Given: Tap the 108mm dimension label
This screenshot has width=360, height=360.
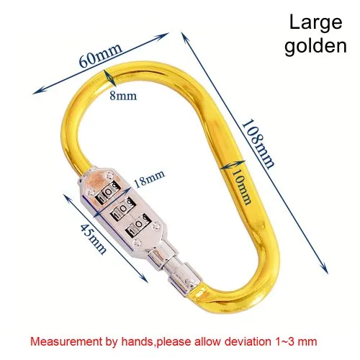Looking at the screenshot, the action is tap(257, 144).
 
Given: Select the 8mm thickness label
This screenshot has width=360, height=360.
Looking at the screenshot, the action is tap(123, 96).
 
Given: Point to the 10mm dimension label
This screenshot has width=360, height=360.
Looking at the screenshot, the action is tap(243, 186).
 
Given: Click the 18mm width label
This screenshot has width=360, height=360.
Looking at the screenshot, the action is tap(149, 179).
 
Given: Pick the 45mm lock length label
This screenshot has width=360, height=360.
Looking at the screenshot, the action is tap(93, 238).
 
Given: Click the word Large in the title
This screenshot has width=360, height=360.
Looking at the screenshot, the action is tap(315, 23).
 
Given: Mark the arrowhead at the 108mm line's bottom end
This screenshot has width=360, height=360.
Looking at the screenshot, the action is tap(325, 268).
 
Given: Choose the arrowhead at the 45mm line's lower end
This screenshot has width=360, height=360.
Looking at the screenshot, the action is tap(144, 279).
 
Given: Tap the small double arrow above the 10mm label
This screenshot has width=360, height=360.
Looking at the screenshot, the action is tap(233, 165).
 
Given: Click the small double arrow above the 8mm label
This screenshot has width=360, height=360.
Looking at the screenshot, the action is tap(109, 78).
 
